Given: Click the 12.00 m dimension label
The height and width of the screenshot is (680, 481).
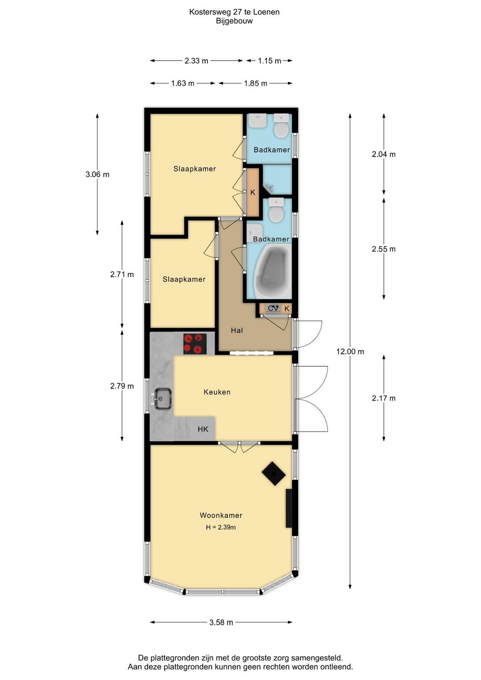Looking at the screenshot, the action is (x=350, y=352).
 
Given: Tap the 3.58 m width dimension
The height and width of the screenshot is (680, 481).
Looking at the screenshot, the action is (x=221, y=623).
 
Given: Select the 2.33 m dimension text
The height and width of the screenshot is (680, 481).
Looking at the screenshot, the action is (x=196, y=61).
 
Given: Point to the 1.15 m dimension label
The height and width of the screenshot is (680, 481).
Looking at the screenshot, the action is (x=269, y=61).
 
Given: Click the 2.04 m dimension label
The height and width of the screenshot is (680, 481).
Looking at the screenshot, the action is (x=383, y=154).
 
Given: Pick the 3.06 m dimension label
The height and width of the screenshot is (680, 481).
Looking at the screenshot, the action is (x=98, y=175).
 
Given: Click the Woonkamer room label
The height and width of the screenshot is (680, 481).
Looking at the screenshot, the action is (x=221, y=515).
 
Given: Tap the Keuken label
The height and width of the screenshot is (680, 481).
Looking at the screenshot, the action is (x=217, y=392).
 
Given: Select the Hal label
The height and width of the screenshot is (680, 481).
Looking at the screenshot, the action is (x=236, y=330).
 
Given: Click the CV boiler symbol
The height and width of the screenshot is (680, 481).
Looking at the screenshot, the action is (x=273, y=308).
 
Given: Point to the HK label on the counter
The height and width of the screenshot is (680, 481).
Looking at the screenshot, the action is (x=203, y=429).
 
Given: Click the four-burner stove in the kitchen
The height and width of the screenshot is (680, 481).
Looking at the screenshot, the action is (x=195, y=344).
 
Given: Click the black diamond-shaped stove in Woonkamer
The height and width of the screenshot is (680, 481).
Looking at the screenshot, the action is (x=273, y=474).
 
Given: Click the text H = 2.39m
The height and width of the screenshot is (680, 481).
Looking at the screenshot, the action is (x=220, y=527).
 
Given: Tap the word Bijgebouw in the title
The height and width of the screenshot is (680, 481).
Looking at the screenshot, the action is (x=234, y=21).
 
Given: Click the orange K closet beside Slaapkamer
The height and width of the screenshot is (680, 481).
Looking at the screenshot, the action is (x=253, y=193).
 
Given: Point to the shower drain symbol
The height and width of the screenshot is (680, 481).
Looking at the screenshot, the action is (x=269, y=188).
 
